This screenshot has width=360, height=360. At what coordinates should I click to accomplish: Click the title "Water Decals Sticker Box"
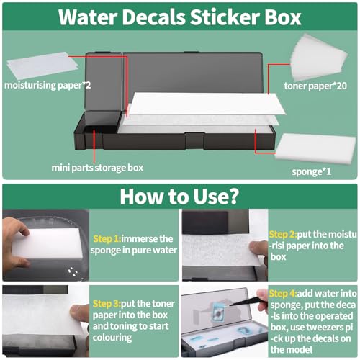coord(180,17)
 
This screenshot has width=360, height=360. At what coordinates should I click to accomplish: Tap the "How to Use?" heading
coord(179,197)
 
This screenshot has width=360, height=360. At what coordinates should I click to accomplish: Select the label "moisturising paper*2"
coord(48,85)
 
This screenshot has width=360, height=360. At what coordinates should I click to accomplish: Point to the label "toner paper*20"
coord(315,86)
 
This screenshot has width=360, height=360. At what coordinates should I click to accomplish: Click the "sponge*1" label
coord(312,171)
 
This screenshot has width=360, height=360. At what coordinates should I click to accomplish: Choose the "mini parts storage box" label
coord(97,168)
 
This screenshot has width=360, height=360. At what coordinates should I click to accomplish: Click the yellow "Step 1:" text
coord(107,239)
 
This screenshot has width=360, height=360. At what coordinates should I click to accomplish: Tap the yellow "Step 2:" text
coord(283,234)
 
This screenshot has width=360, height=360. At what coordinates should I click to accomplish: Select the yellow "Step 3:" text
coord(107,304)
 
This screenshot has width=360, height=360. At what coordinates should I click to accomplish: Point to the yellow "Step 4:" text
coord(283,294)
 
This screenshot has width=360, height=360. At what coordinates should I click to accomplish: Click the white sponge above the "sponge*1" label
coord(315,148)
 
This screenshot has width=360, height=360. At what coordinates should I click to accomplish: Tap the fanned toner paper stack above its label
coord(319,57)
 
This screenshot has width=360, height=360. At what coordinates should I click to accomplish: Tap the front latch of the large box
coord(194,141)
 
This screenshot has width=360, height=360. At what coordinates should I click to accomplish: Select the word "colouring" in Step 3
coord(112,338)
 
